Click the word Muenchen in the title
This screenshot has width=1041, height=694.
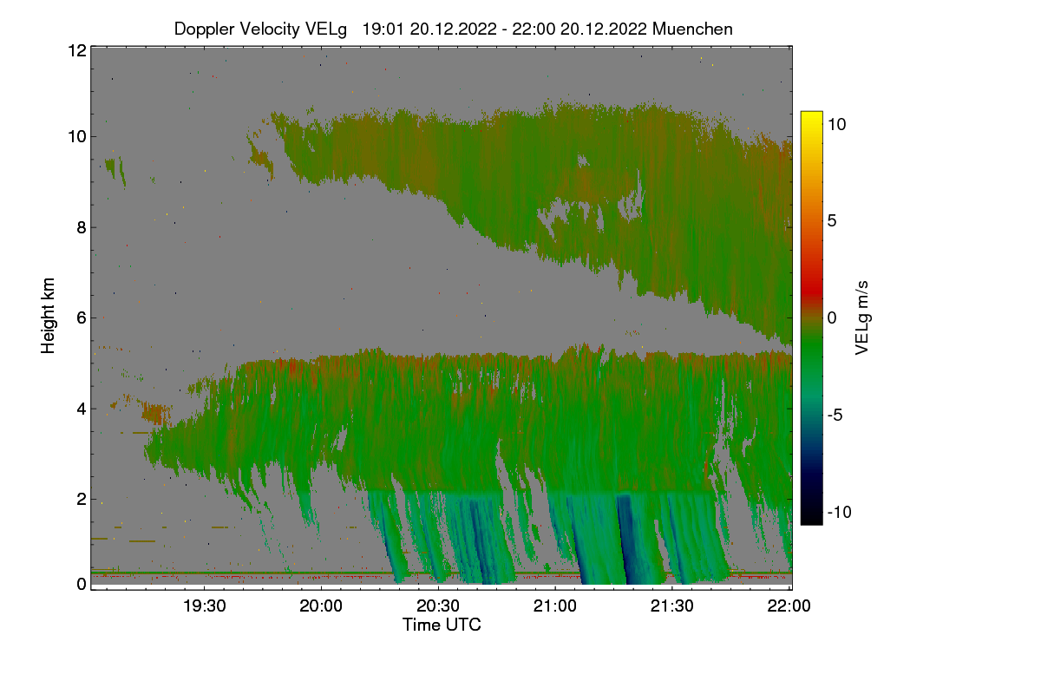[x=692, y=29]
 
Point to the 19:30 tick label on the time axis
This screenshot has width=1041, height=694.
[x=205, y=606]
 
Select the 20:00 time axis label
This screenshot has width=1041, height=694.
[x=322, y=606]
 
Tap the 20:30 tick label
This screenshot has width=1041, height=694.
[x=439, y=606]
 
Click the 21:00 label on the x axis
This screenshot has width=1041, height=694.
[x=556, y=606]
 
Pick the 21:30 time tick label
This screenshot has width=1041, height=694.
[x=673, y=606]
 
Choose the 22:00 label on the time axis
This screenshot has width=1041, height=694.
[x=789, y=606]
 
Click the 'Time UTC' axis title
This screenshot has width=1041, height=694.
[x=442, y=625]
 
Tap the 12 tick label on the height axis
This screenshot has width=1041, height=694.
[x=75, y=50]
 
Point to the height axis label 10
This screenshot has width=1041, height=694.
[x=75, y=136]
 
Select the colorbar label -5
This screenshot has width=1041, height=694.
[x=836, y=415]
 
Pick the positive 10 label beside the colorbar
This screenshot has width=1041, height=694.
[x=835, y=124]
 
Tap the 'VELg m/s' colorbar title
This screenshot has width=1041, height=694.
[x=861, y=318]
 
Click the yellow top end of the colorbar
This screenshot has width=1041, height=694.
[x=811, y=117]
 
